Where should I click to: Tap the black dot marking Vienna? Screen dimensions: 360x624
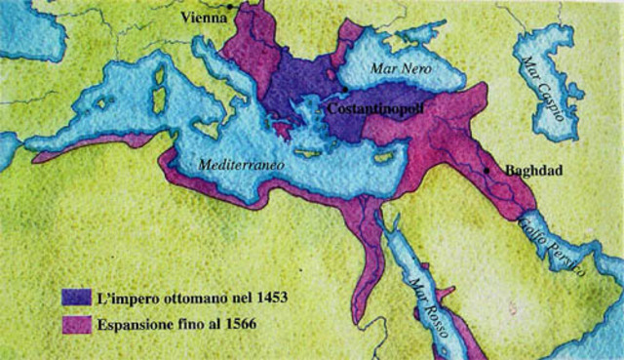[x=229, y=8]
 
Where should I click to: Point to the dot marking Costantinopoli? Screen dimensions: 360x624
[x=344, y=90]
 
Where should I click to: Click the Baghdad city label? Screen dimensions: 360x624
[x=534, y=170]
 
